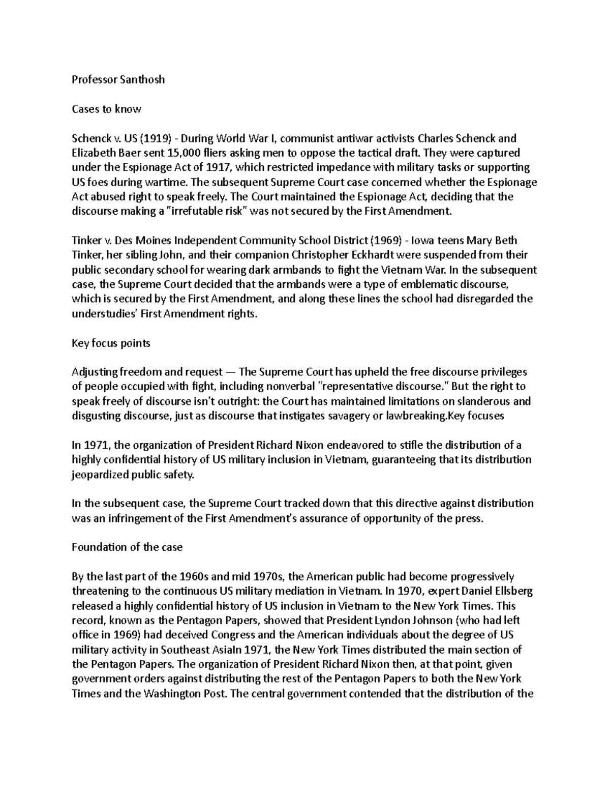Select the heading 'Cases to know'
(x=106, y=109)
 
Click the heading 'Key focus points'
(x=111, y=343)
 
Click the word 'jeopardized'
(x=100, y=475)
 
